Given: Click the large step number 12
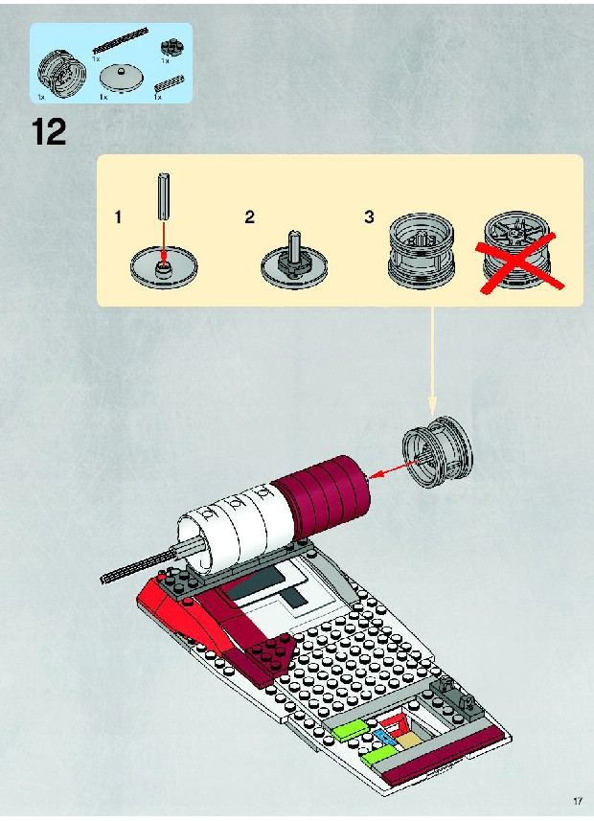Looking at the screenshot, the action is click(49, 131).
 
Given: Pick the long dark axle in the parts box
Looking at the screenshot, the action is click(120, 40).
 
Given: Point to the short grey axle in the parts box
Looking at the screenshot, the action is click(169, 85).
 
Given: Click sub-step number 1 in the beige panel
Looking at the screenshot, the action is click(119, 217).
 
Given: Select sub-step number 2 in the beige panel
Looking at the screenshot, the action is click(249, 217).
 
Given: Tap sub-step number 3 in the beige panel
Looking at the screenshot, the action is click(369, 217).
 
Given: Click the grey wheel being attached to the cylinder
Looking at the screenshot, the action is click(438, 452).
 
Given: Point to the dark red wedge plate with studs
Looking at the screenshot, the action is click(268, 656).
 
